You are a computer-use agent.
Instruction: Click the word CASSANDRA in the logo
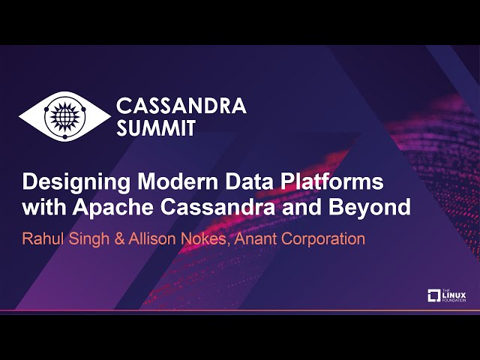[181, 106]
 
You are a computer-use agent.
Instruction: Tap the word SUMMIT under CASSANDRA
[155, 128]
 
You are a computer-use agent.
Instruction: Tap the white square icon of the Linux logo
[433, 295]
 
